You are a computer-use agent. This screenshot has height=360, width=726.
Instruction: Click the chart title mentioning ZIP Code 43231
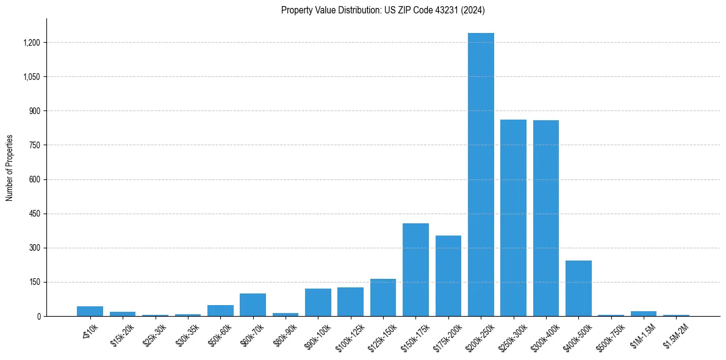tap(383, 10)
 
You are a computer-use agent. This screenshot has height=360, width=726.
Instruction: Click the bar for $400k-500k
tap(578, 288)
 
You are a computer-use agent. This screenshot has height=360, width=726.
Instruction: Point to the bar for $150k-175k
tap(415, 270)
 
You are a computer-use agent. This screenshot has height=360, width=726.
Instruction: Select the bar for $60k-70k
tap(253, 304)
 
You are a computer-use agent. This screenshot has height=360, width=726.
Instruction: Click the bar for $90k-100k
tap(318, 302)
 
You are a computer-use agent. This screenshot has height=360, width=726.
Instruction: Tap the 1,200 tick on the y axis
tap(32, 43)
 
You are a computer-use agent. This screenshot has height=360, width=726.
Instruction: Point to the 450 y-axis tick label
tap(35, 214)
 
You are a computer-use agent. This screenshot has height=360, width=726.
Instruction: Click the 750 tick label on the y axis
tap(35, 145)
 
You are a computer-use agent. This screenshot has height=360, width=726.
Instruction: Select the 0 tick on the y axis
tap(38, 316)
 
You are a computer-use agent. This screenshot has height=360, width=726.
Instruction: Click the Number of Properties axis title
tap(9, 168)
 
